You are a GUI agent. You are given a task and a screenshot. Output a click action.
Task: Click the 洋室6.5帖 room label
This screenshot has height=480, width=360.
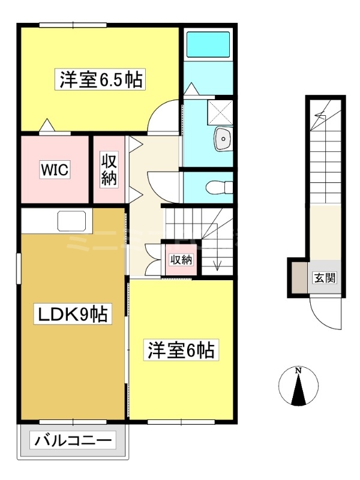pyautogui.click(x=100, y=79)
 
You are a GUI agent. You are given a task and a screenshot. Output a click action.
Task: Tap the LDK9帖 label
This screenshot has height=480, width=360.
pyautogui.click(x=72, y=314)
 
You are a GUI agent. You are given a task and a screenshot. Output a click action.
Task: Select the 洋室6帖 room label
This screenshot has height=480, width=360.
pyautogui.click(x=181, y=350)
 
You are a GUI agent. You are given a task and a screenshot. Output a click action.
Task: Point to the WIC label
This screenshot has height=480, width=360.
pyautogui.click(x=55, y=169)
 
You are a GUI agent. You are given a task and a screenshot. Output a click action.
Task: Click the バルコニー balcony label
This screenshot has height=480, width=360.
pyautogui.click(x=73, y=441)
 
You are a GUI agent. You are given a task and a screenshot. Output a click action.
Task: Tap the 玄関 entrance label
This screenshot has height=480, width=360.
pyautogui.click(x=325, y=278)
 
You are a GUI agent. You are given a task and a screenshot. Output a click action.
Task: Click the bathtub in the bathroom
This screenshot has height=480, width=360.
pyautogui.click(x=208, y=44)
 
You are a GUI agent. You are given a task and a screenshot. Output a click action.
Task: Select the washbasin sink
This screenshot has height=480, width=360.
pyautogui.click(x=223, y=139)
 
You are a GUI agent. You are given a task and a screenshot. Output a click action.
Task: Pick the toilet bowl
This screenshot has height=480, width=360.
pyautogui.click(x=220, y=187)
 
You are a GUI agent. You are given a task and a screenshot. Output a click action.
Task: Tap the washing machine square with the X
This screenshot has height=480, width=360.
pyautogui.click(x=220, y=112)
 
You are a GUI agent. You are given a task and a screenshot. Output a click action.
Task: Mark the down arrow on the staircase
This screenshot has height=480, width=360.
pyautogui.click(x=217, y=247)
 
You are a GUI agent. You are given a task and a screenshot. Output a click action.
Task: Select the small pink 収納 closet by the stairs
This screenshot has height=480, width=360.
pyautogui.click(x=181, y=260)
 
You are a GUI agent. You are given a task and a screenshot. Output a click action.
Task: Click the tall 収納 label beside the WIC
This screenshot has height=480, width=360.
pyautogui.click(x=109, y=169)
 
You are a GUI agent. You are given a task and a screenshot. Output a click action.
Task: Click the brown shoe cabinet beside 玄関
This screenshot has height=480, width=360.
pyautogui.click(x=298, y=278)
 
